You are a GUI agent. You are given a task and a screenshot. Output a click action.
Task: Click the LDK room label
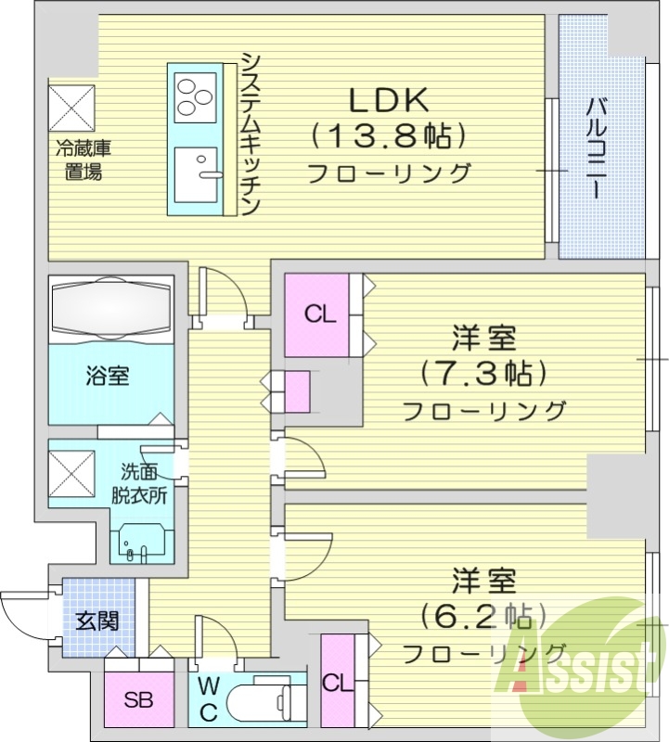click(x=387, y=100)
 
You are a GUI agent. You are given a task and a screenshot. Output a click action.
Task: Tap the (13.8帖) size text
click(x=387, y=137)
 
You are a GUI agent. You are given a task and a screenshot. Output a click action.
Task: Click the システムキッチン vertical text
click(x=251, y=134)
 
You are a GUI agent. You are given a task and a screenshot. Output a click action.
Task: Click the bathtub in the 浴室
click(x=111, y=306)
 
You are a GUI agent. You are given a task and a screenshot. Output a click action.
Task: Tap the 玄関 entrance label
click(x=97, y=620)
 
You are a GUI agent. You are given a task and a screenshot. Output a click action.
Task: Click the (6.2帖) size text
click(x=482, y=615)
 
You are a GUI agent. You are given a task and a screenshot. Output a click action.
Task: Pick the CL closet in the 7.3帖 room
click(x=317, y=315)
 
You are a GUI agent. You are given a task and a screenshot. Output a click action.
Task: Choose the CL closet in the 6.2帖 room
click(x=337, y=682)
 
